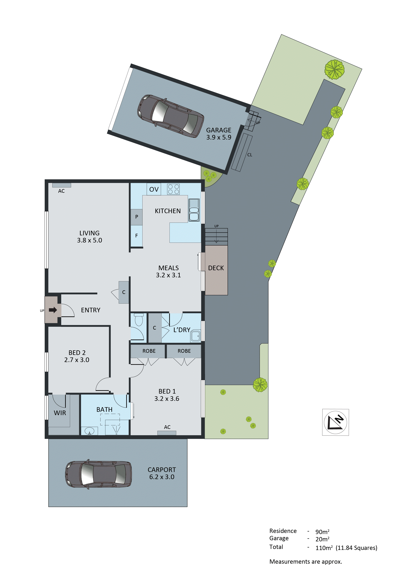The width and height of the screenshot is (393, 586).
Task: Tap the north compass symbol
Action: pyautogui.click(x=335, y=422)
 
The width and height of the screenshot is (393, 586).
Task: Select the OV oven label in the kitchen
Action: pyautogui.click(x=154, y=189)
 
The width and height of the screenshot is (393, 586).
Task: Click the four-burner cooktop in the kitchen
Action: pyautogui.click(x=173, y=189)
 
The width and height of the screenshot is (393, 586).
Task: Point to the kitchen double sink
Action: pyautogui.click(x=194, y=210)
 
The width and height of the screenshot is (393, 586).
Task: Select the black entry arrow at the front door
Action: pyautogui.click(x=53, y=310)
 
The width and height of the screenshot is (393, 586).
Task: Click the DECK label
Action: pyautogui.click(x=216, y=268)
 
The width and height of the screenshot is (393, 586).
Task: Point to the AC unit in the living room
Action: pyautogui.click(x=61, y=185)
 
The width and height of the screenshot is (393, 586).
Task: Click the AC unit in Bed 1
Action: pyautogui.click(x=167, y=433)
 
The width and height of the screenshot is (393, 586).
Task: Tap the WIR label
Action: pyautogui.click(x=60, y=413)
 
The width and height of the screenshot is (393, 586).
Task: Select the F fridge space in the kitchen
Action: pyautogui.click(x=137, y=236)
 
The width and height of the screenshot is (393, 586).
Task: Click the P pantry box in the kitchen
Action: pyautogui.click(x=137, y=217)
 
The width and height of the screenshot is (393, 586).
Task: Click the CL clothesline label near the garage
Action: pyautogui.click(x=250, y=155)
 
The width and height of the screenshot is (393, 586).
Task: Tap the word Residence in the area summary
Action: pyautogui.click(x=283, y=531)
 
